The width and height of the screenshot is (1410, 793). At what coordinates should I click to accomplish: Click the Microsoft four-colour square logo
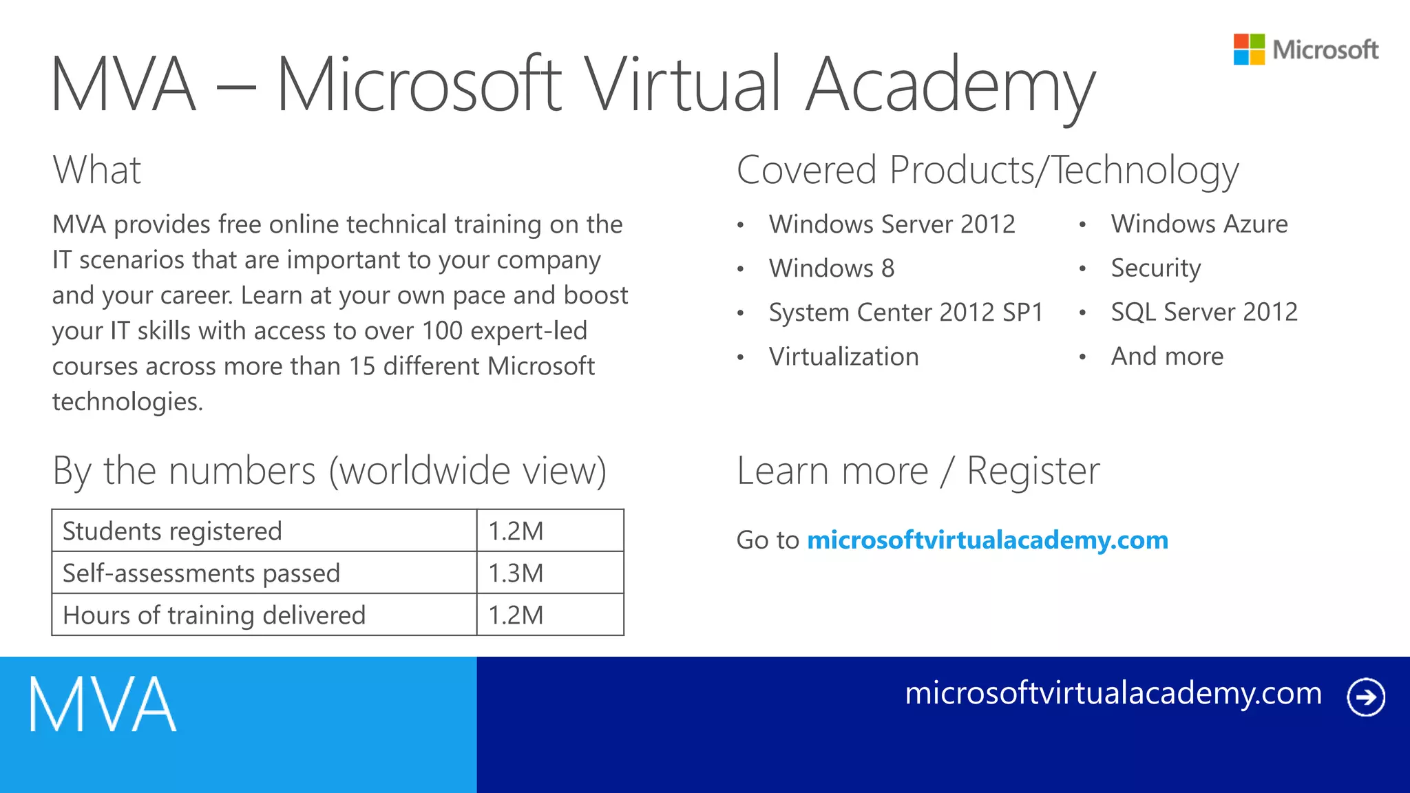click(1249, 50)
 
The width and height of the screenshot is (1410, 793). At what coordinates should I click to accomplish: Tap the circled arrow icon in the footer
click(1366, 697)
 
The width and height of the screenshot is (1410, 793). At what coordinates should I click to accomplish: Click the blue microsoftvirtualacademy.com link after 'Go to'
click(987, 540)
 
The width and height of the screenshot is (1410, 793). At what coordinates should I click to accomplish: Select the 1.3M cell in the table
click(516, 573)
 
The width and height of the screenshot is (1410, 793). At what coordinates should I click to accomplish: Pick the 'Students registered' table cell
click(172, 531)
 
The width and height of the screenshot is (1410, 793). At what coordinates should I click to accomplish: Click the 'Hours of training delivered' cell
click(214, 615)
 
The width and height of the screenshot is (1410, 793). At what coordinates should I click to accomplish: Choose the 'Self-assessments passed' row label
click(201, 573)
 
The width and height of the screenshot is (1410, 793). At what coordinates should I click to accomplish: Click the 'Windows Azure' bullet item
click(1199, 224)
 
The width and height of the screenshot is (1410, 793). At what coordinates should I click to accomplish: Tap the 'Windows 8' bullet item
click(832, 268)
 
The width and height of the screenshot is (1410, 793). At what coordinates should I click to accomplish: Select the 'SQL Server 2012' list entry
click(1204, 313)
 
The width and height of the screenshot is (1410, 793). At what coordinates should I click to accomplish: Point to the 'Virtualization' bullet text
click(844, 357)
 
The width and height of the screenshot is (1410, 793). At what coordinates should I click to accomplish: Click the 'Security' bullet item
click(1156, 268)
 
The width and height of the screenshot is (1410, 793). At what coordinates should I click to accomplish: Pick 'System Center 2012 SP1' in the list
click(906, 313)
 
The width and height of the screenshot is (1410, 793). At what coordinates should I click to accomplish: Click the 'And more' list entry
click(1168, 357)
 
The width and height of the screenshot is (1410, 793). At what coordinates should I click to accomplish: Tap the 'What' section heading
click(97, 170)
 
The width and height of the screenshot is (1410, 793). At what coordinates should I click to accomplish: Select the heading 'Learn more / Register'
click(918, 472)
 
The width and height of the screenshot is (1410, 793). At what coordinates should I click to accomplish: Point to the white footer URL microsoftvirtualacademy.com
click(1113, 693)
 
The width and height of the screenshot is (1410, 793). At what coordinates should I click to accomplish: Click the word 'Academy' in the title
click(950, 86)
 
